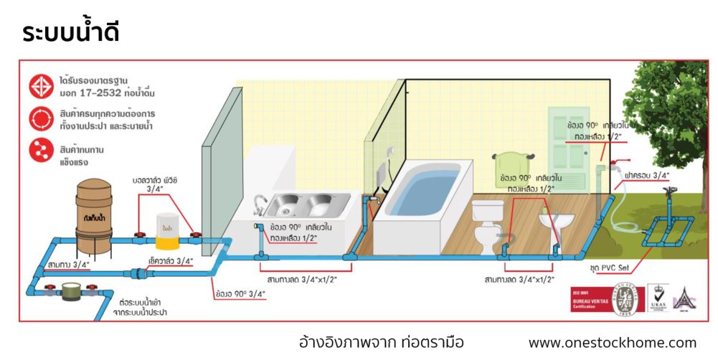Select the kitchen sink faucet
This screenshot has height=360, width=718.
point(260,203)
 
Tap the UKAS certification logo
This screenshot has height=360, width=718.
point(658,296)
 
